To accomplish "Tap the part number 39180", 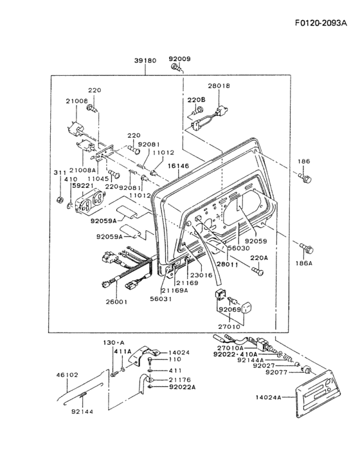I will pyautogui.click(x=145, y=60).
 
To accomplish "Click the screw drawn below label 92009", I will pyautogui.click(x=177, y=68).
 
